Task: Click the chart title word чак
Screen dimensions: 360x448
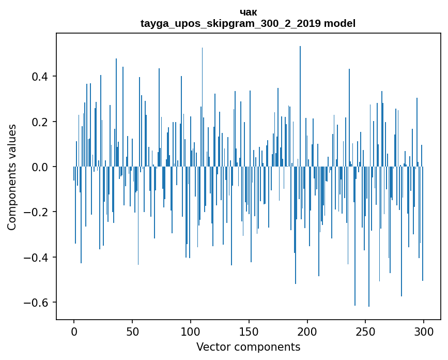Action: (x=249, y=12)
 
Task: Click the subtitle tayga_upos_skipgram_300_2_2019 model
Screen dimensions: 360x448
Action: (x=248, y=23)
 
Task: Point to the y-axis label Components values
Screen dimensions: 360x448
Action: (x=12, y=177)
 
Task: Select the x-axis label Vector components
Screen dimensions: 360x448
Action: (x=248, y=347)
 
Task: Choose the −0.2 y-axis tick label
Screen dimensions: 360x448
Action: (x=37, y=212)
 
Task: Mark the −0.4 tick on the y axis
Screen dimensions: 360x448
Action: (x=37, y=257)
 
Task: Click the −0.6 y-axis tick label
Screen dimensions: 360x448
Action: (x=37, y=302)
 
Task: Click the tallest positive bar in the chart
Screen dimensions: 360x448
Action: (x=300, y=103)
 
